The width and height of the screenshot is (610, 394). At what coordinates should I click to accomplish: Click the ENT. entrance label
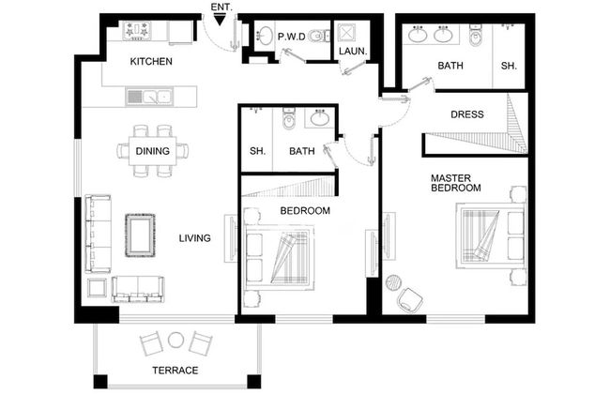pyautogui.click(x=221, y=8)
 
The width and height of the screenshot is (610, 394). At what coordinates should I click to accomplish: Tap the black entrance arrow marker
pyautogui.click(x=220, y=20)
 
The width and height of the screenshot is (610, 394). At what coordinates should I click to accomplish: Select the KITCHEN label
pyautogui.click(x=151, y=62)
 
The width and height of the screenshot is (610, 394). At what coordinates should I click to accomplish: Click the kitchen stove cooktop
pyautogui.click(x=137, y=31)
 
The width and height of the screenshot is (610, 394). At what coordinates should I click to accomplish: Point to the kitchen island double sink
pyautogui.click(x=149, y=97)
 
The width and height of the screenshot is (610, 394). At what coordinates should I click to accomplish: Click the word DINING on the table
pyautogui.click(x=152, y=151)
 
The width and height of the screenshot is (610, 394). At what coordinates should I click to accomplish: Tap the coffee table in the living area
pyautogui.click(x=140, y=235)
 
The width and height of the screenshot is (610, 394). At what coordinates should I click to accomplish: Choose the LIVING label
pyautogui.click(x=195, y=238)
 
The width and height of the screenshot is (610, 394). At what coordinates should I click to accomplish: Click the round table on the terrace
pyautogui.click(x=175, y=341)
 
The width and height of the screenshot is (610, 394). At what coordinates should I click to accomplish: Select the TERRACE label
pyautogui.click(x=175, y=371)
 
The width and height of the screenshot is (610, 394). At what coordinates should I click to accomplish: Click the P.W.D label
pyautogui.click(x=292, y=37)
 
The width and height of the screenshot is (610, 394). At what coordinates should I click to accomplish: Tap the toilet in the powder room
pyautogui.click(x=319, y=37)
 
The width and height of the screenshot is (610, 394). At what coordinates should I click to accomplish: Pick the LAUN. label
pyautogui.click(x=353, y=51)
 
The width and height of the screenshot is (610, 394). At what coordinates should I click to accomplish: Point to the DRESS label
pyautogui.click(x=467, y=114)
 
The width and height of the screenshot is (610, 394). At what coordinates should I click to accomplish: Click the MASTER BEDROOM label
pyautogui.click(x=455, y=183)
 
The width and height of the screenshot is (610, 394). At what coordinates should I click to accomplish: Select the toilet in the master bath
pyautogui.click(x=475, y=37)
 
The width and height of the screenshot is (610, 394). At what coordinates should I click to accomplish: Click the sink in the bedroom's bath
pyautogui.click(x=320, y=118)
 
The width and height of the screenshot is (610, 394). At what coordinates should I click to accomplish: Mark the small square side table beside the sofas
pyautogui.click(x=97, y=288)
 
